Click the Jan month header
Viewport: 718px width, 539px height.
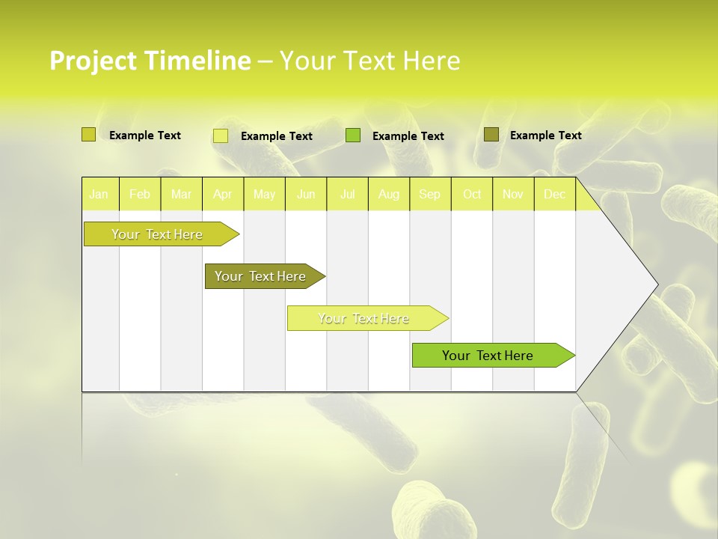[99, 195]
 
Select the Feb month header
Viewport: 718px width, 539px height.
[140, 195]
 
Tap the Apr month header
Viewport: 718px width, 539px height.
[223, 195]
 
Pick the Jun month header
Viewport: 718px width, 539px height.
[306, 195]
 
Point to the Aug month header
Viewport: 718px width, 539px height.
[389, 195]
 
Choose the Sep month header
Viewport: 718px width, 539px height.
[430, 195]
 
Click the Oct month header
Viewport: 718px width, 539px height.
[472, 195]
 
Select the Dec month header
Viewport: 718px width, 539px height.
[555, 195]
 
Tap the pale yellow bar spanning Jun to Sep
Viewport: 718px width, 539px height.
[364, 318]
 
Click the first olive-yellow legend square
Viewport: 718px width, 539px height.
[89, 135]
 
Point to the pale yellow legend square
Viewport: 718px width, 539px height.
[221, 135]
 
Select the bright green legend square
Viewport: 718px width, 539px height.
[353, 135]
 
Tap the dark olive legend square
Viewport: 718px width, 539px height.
[491, 135]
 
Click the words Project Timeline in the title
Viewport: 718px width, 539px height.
[150, 61]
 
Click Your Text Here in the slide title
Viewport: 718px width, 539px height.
[370, 61]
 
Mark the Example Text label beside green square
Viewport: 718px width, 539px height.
[408, 136]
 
